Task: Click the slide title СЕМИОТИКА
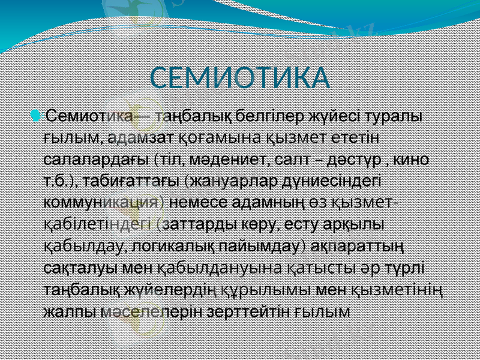(x=240, y=79)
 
